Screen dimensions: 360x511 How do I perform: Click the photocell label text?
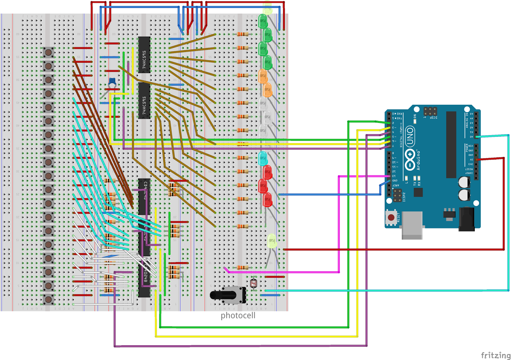coord(238,316)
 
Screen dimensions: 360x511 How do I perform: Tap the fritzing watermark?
coord(495,355)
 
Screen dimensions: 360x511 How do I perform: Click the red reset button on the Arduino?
coord(391,218)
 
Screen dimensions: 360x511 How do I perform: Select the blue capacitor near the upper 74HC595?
coord(112,81)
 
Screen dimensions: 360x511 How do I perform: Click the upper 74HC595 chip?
coord(144,55)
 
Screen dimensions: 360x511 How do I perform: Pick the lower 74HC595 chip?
coord(144,101)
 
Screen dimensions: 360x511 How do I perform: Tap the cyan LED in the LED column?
coord(263,158)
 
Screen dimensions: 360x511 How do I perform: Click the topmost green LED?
coord(263,21)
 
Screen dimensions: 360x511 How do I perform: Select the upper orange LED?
coord(263,76)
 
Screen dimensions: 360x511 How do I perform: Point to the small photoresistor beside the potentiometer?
coord(254,283)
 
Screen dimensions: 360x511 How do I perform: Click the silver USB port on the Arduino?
coord(412,225)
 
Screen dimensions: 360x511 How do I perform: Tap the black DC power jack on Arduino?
coord(467,219)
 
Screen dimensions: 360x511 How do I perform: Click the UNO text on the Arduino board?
coord(410,136)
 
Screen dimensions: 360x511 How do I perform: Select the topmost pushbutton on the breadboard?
coord(48,52)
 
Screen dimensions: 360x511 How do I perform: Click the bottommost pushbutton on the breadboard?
coord(48,299)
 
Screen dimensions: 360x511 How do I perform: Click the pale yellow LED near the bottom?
coord(272,241)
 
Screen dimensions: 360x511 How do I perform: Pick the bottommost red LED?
coord(267,200)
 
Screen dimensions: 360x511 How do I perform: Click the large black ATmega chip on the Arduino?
coord(451,144)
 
